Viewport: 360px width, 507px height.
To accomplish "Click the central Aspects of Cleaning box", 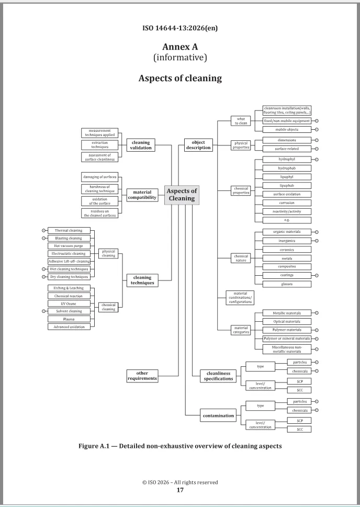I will click(182, 195).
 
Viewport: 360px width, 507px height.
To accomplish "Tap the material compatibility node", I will click(142, 195).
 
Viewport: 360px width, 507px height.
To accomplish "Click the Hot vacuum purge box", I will click(69, 245).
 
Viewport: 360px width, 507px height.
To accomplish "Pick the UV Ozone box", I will click(69, 303).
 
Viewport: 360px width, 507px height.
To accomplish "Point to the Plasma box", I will click(69, 319).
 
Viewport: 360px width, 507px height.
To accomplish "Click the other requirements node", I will click(142, 375).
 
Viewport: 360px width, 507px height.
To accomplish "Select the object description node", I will click(198, 144).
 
